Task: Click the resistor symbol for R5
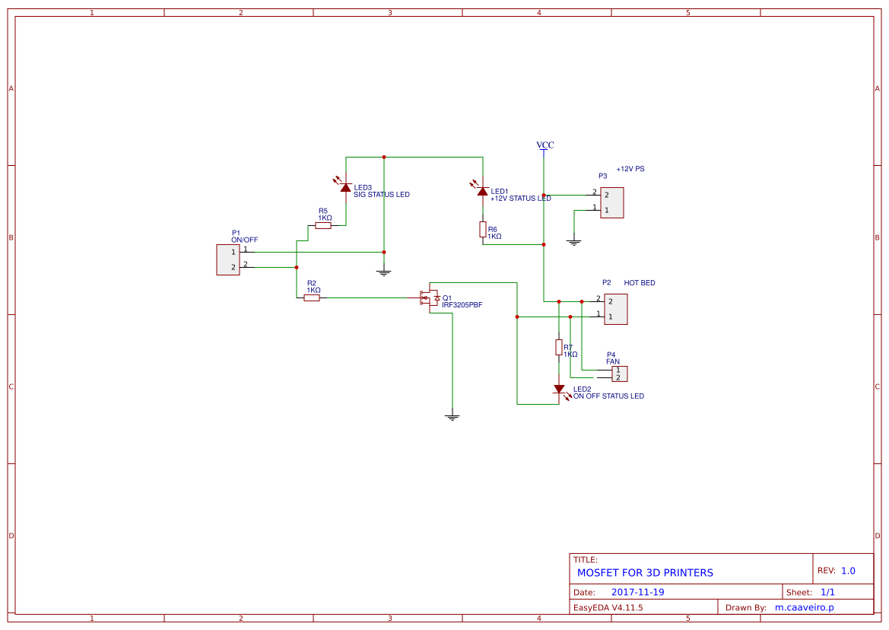323,225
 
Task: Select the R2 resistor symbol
312,297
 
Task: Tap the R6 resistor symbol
482,230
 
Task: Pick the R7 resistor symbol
558,348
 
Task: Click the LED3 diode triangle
346,187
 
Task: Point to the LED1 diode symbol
482,191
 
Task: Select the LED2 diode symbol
559,389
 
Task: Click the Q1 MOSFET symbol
429,297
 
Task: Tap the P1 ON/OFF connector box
228,259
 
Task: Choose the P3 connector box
611,202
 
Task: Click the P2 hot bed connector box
616,309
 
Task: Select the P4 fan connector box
620,374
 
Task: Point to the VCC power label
545,145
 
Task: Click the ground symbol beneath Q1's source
452,418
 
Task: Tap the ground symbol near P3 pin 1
573,242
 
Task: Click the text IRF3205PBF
462,305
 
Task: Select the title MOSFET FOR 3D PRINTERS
645,573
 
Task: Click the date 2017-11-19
638,592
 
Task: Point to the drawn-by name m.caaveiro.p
805,607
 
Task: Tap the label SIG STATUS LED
382,195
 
